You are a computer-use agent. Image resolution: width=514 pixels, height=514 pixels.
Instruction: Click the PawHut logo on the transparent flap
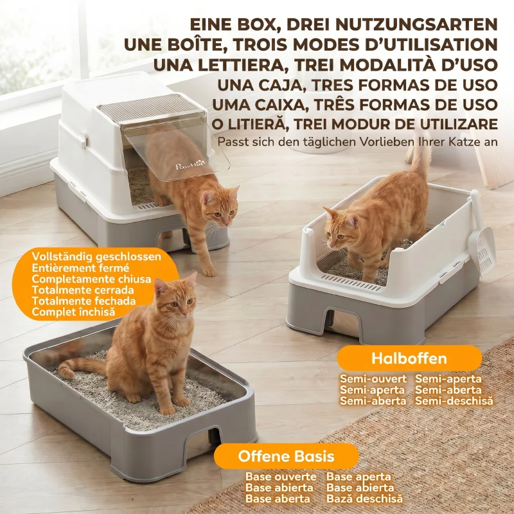coord(190,165)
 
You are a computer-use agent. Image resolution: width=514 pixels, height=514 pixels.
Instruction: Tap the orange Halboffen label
coord(409,358)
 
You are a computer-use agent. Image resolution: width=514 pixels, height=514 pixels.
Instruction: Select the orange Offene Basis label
coord(286,456)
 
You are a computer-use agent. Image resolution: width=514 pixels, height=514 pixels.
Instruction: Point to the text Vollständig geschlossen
coord(96,256)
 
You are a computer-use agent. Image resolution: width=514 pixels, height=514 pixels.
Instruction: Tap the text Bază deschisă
coord(364,499)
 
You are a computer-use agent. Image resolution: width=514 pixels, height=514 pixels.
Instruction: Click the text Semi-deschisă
coord(454,400)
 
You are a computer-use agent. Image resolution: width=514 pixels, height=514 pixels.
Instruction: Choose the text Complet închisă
coord(73,312)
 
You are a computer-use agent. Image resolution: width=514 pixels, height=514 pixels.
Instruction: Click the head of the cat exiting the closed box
coord(220,206)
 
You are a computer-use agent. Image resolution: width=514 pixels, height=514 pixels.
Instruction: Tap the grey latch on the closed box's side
coord(84,139)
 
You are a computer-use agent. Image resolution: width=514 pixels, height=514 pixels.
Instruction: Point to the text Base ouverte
coord(281,476)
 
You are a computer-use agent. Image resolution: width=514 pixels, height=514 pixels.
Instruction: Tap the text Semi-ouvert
coord(373,378)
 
